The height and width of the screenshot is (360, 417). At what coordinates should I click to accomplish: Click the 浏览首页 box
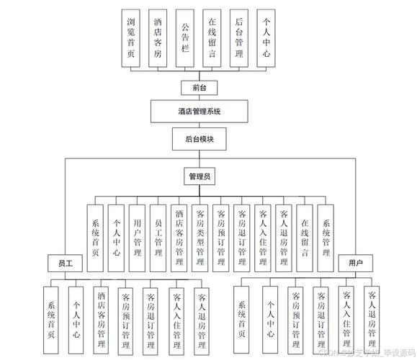click(130, 38)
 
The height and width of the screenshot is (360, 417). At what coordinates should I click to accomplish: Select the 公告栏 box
click(184, 38)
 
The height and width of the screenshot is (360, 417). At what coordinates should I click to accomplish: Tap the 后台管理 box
click(239, 38)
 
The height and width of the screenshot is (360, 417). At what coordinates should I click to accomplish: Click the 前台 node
click(199, 87)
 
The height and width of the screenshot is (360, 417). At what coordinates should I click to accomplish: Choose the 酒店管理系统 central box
click(199, 112)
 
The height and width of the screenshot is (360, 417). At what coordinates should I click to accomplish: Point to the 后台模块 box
click(199, 138)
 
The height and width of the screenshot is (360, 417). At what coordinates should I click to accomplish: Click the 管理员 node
click(199, 176)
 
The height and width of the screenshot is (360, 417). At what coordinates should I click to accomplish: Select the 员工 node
click(66, 264)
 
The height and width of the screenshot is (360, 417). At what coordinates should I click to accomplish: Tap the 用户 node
click(355, 264)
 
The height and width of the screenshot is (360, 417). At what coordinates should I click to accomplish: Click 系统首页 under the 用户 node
click(243, 317)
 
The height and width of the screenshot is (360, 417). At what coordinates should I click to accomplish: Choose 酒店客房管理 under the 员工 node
click(101, 317)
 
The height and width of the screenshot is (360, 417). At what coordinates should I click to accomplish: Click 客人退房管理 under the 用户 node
click(372, 317)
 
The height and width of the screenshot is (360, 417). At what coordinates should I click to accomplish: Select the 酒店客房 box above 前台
click(157, 38)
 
